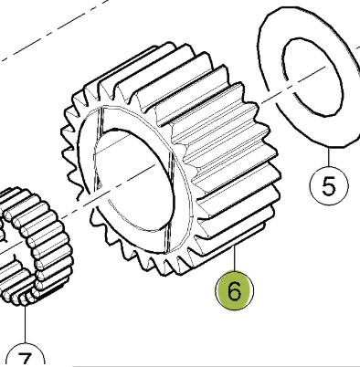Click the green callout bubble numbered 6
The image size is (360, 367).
pos(234,290)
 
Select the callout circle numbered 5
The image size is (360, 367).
pos(329,185)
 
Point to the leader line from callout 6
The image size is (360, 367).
pos(234,257)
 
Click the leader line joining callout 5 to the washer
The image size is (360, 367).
pos(329,157)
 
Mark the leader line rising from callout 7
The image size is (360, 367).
pos(26,325)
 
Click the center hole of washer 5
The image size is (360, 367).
pos(312,77)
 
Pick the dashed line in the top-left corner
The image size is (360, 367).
pos(55,29)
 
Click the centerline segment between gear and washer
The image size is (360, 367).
pos(275,95)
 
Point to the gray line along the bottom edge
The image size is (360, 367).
pos(217,365)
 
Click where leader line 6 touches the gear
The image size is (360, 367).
pos(234,245)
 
